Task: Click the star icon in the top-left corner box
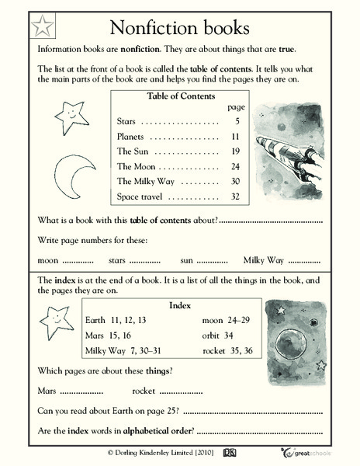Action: [43, 28]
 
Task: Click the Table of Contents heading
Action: [178, 96]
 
